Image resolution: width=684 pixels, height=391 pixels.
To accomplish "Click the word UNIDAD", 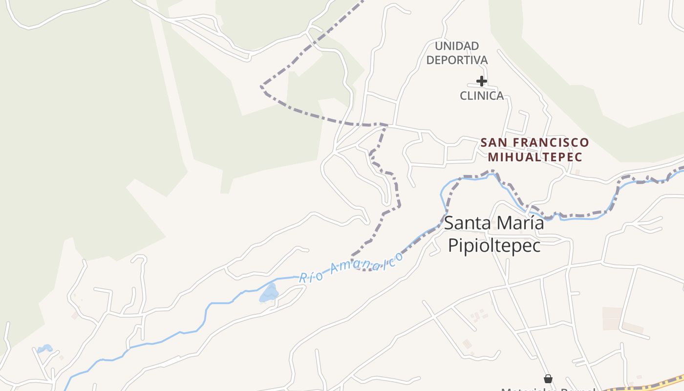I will [457, 46].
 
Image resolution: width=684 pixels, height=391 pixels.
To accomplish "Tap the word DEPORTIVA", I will [457, 60].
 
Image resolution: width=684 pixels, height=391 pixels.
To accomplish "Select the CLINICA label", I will [482, 96].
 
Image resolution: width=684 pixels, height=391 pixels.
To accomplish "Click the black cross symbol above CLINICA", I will [482, 81].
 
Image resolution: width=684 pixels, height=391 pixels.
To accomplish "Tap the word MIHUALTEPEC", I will [535, 157].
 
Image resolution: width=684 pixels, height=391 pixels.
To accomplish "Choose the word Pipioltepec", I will [494, 245].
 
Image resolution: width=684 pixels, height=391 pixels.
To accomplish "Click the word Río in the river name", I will [311, 276].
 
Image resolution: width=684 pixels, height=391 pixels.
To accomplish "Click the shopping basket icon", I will [548, 379].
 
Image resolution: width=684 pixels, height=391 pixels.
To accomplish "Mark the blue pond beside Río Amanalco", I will [269, 293].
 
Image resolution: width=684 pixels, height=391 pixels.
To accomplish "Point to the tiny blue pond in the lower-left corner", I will [45, 348].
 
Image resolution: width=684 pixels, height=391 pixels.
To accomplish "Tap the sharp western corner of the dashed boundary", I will [261, 87].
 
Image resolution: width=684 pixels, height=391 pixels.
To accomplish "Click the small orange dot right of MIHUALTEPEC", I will [577, 172].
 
